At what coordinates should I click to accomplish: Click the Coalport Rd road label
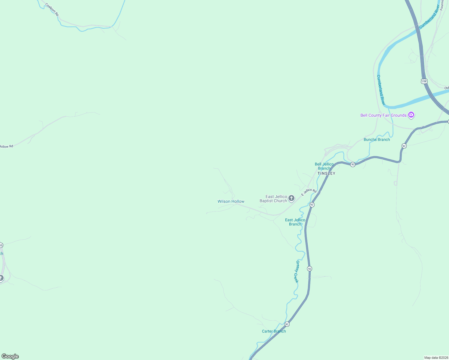(x=52, y=10)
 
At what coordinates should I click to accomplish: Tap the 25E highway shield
(x=424, y=81)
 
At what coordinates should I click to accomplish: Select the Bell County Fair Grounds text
(x=383, y=115)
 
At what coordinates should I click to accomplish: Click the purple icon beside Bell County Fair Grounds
(x=411, y=115)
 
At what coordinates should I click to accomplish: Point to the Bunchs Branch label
(x=377, y=139)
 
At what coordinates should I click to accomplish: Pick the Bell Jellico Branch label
(x=324, y=166)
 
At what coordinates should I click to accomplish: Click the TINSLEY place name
(x=326, y=173)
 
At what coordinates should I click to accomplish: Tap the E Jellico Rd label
(x=309, y=192)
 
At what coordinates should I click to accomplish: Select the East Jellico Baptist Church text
(x=273, y=199)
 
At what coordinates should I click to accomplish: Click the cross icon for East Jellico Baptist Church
(x=291, y=198)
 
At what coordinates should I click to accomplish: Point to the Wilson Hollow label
(x=231, y=202)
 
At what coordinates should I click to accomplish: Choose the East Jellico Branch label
(x=295, y=222)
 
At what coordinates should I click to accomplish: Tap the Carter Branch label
(x=274, y=331)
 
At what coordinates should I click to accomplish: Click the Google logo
(x=10, y=356)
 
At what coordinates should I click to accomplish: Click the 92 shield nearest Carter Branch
(x=287, y=324)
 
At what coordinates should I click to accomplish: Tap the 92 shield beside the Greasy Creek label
(x=309, y=268)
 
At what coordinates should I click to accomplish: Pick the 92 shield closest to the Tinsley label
(x=353, y=164)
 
